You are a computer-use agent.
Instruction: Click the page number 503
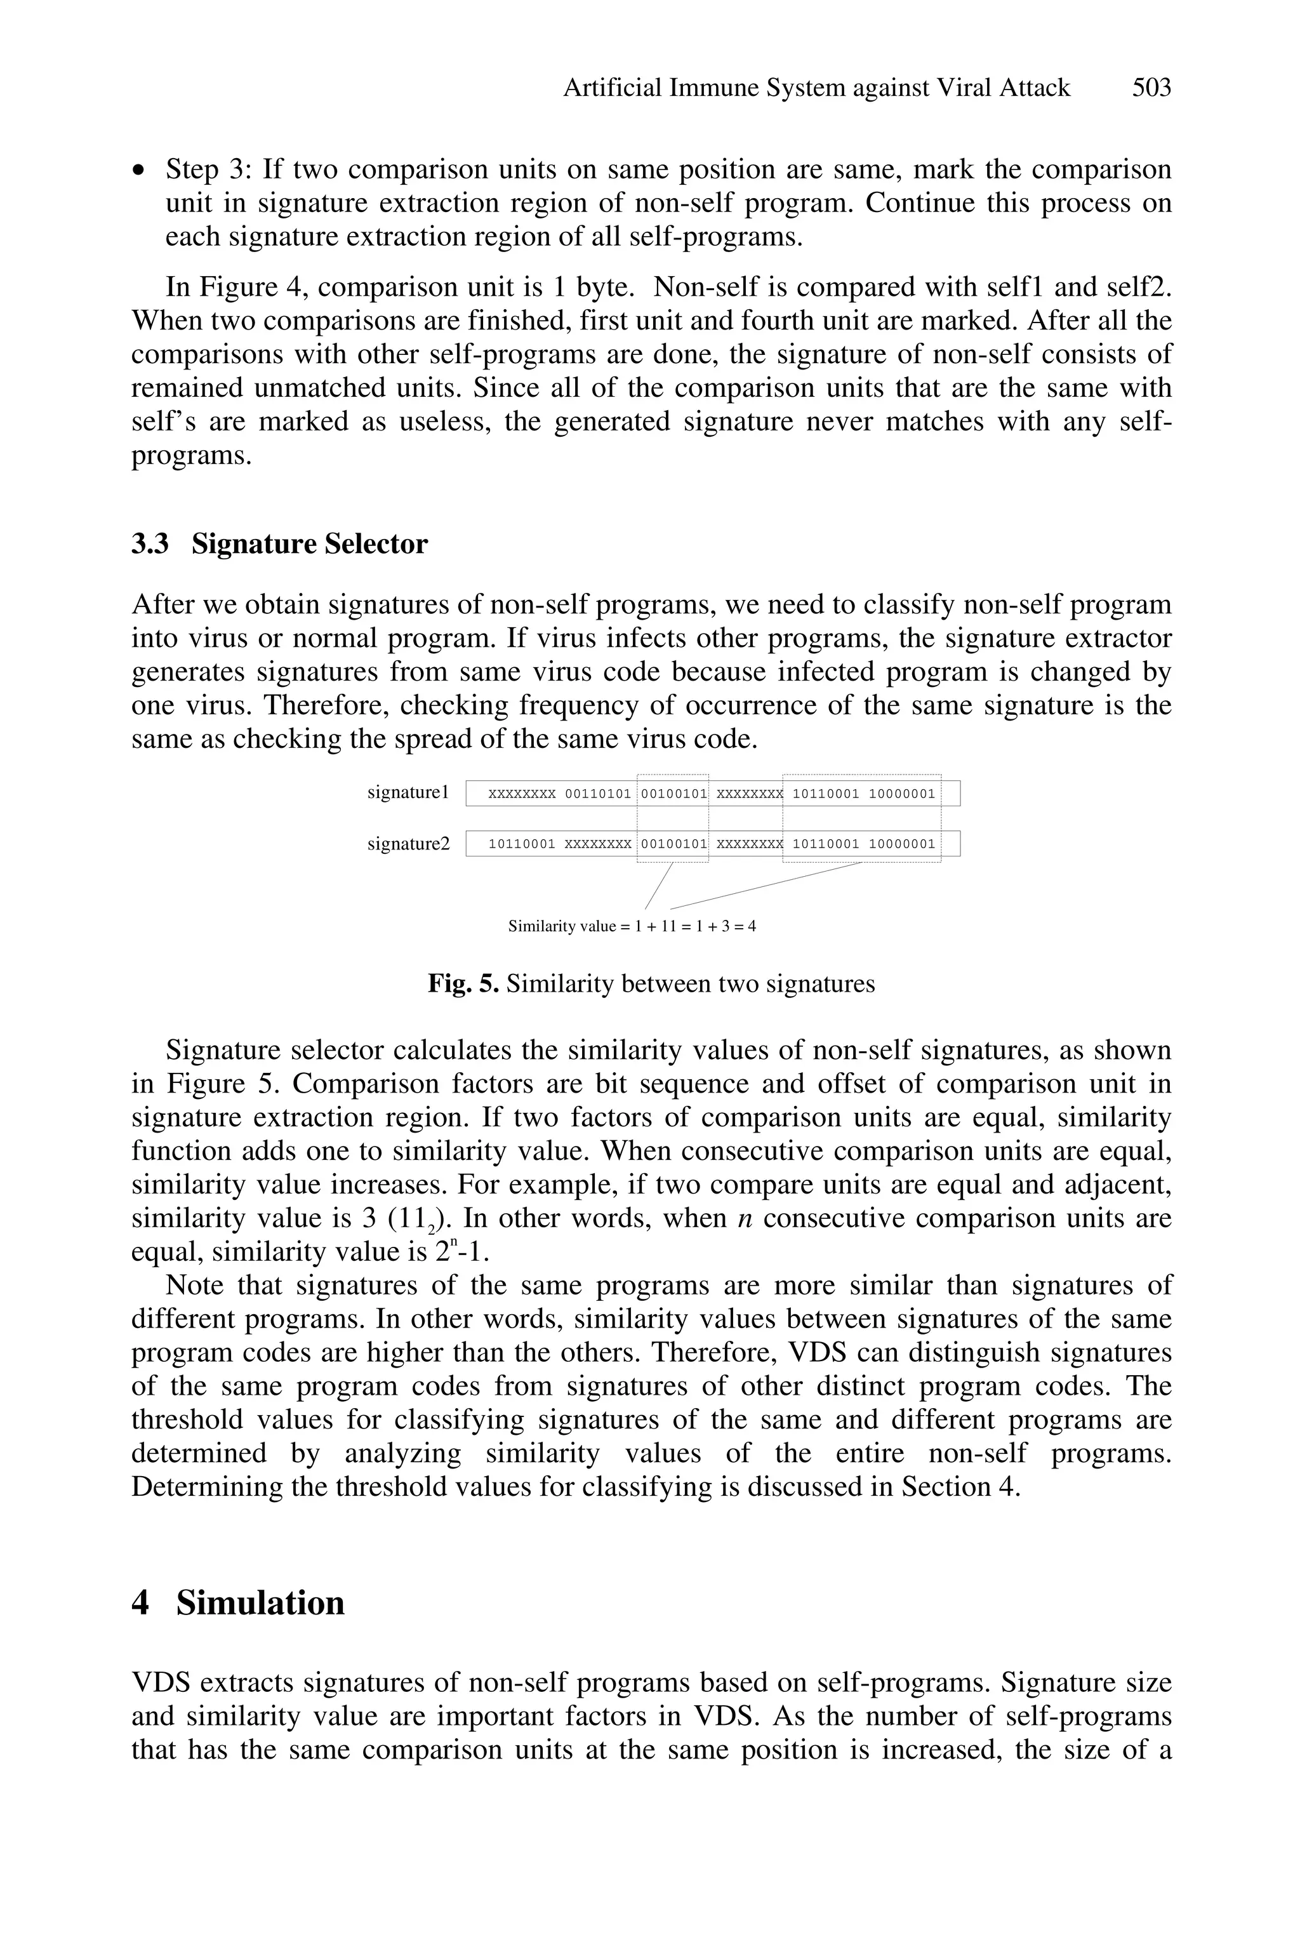pos(1151,88)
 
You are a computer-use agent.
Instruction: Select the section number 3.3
pos(150,544)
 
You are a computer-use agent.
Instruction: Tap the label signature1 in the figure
pos(408,793)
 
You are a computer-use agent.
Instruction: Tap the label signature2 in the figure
pos(409,844)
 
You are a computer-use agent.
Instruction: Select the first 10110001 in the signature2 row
pos(522,845)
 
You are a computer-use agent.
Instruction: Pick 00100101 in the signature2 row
pos(674,845)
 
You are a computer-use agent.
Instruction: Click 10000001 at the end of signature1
pos(902,794)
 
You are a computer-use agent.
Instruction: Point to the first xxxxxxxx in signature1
pos(522,794)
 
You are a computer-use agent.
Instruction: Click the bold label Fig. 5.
pos(463,984)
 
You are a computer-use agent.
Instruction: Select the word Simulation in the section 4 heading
pos(260,1603)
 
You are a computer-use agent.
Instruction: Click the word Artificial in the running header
pos(612,88)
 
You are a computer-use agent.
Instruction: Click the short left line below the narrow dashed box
pos(658,886)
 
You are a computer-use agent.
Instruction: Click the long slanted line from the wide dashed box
pos(766,886)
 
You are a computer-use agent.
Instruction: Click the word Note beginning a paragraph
pos(195,1285)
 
